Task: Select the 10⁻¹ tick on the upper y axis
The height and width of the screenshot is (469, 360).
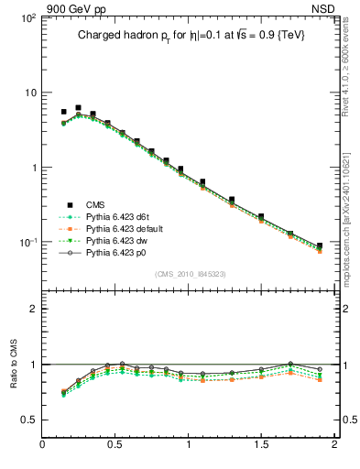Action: coord(27,242)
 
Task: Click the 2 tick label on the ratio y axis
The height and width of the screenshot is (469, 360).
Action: coord(32,309)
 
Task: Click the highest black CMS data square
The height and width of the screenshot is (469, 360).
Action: coord(78,108)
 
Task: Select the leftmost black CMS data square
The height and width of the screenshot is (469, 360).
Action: coord(63,112)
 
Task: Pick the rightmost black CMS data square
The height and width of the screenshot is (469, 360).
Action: coord(319,245)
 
